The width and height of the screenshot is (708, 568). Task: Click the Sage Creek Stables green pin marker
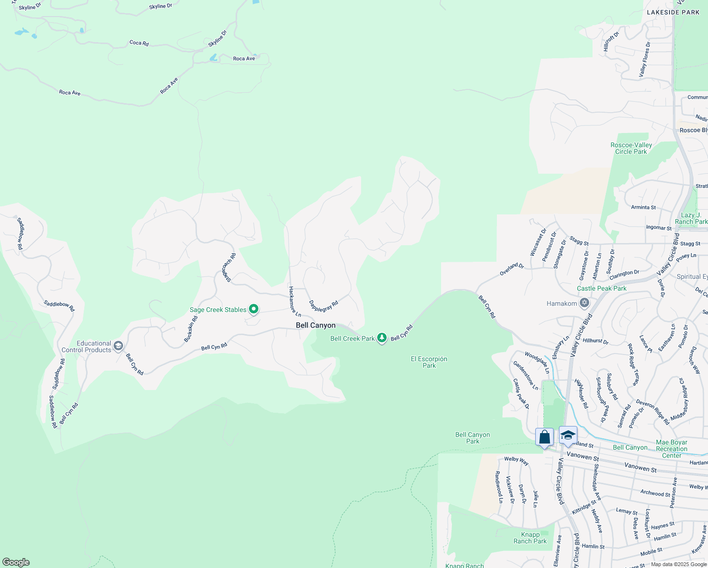tap(254, 309)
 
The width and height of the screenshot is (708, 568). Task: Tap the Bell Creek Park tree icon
tap(382, 338)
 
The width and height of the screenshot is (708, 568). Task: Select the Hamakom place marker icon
tap(584, 303)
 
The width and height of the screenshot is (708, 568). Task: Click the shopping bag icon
tap(544, 437)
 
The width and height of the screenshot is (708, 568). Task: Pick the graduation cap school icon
tap(567, 435)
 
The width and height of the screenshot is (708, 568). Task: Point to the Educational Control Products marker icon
tap(118, 346)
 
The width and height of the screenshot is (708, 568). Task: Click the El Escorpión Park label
tap(429, 362)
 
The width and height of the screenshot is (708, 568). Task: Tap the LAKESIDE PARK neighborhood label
tap(673, 12)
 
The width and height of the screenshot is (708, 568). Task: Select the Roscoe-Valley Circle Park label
tap(631, 148)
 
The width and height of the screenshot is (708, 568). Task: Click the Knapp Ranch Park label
tap(530, 538)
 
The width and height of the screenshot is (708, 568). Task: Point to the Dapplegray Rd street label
tap(324, 306)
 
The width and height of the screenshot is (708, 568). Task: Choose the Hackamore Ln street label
tap(295, 302)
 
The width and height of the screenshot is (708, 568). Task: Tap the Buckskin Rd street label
tap(191, 329)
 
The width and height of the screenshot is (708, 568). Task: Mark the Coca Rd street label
tap(139, 43)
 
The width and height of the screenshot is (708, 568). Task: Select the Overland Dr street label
tap(512, 269)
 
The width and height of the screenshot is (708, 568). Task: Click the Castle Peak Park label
tap(602, 288)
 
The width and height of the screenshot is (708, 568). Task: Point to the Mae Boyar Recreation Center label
tap(672, 449)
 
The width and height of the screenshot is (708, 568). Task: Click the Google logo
tap(16, 562)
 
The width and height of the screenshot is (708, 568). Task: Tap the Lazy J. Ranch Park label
tap(691, 218)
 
